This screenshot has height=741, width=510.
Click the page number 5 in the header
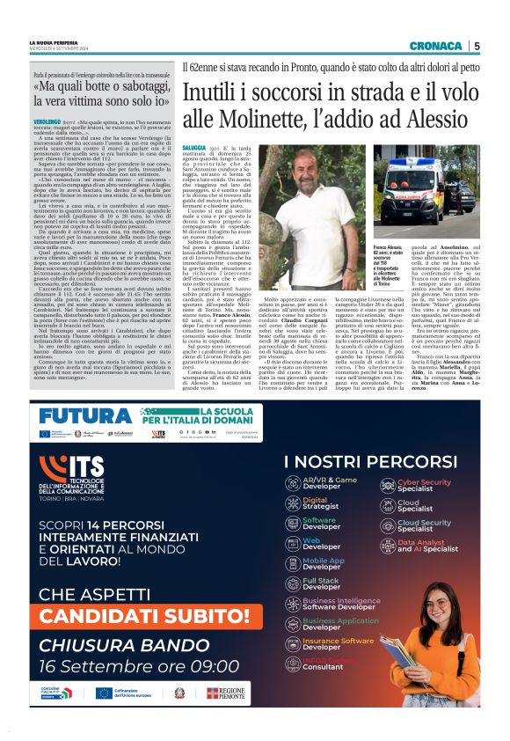coord(477,47)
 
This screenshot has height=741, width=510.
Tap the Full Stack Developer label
coord(323,584)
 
